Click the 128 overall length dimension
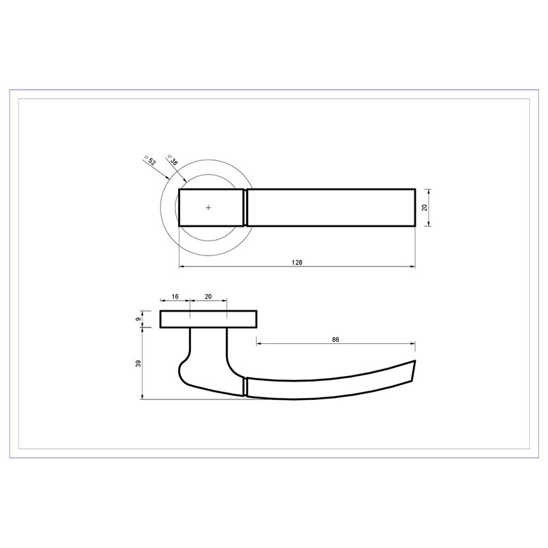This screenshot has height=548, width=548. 297,262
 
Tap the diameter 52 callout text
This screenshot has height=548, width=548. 150,160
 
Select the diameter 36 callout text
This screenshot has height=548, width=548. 173,160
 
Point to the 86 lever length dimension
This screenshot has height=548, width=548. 336,339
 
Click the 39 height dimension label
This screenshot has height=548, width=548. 138,364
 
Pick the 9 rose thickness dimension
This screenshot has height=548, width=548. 138,319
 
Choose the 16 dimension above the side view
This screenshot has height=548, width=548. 175,297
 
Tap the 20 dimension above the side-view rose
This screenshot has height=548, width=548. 208,297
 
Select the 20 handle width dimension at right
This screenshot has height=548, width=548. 425,208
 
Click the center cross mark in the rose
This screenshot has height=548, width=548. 209,208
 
